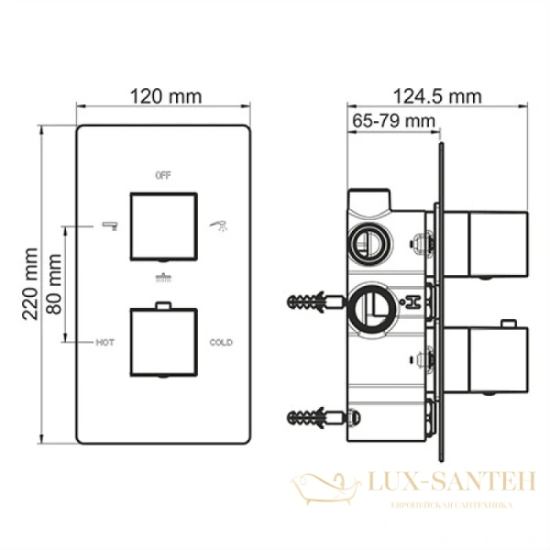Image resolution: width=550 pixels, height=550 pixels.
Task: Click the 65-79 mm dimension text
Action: (x=393, y=120)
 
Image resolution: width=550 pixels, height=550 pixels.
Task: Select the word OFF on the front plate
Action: (x=163, y=174)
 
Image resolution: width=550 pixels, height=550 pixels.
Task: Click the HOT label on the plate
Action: (x=104, y=342)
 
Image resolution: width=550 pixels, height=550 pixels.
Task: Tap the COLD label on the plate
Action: (x=221, y=342)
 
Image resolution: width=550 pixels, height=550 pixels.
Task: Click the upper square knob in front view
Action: (x=163, y=225)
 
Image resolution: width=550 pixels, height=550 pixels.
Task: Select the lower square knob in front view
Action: (x=163, y=342)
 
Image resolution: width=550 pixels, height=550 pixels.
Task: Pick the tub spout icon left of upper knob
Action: (x=108, y=224)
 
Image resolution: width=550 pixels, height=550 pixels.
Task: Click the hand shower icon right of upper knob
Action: (x=218, y=224)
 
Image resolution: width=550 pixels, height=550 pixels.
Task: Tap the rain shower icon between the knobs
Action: (x=163, y=277)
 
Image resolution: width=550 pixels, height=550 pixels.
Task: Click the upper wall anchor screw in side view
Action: (x=309, y=302)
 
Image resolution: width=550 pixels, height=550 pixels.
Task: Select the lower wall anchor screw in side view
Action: (x=309, y=418)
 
